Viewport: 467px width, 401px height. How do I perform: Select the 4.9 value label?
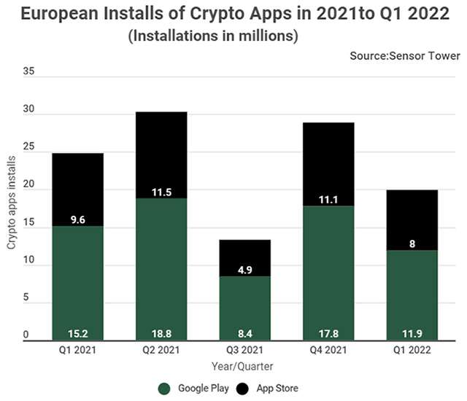[x=245, y=268]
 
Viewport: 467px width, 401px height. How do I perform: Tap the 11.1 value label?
[x=328, y=198]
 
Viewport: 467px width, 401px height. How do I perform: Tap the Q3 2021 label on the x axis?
[x=245, y=350]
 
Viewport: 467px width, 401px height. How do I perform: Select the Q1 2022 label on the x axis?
[x=412, y=350]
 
